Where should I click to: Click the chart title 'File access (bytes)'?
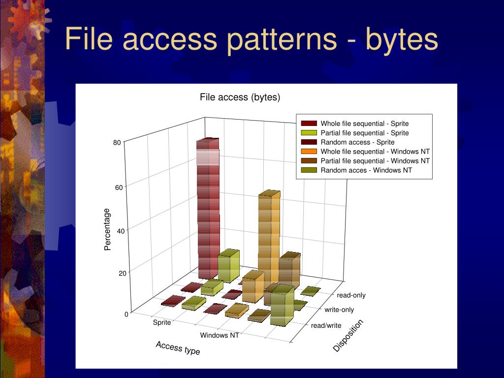click(240, 97)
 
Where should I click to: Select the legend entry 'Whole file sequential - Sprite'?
click(364, 124)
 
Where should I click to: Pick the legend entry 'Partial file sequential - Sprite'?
click(364, 133)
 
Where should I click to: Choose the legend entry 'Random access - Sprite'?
click(357, 142)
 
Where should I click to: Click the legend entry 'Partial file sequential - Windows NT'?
click(375, 161)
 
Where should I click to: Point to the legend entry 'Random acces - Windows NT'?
click(366, 170)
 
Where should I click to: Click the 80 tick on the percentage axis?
click(117, 143)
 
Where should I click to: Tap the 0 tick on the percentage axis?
click(126, 314)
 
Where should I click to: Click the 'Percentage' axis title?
click(108, 229)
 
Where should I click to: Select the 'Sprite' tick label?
click(162, 323)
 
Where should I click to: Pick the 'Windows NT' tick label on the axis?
click(220, 336)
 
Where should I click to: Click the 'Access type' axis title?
click(178, 348)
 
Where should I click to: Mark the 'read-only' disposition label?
click(351, 295)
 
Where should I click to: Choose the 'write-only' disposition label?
click(339, 310)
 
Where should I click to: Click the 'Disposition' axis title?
click(348, 336)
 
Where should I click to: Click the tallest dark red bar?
click(208, 207)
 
